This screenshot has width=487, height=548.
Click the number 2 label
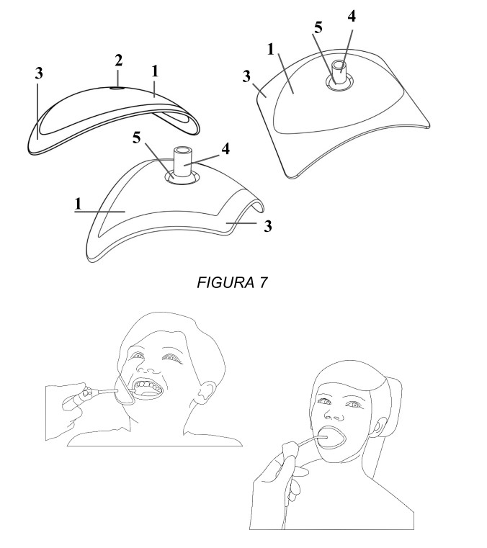coord(119,60)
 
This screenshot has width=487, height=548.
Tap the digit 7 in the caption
coord(263,283)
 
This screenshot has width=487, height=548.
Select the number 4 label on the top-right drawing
coord(352,17)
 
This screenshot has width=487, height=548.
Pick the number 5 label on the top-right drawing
coord(318,27)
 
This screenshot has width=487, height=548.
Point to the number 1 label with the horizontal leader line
coord(78,204)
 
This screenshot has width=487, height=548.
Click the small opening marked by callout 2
coord(117,89)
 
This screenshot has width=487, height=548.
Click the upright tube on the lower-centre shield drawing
coord(184,162)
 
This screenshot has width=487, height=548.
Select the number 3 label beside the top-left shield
coord(39,73)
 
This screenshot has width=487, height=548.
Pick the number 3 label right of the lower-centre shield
coord(267,226)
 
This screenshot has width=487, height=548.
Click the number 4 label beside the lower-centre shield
coord(225,149)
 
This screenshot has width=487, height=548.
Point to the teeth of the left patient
coord(148,386)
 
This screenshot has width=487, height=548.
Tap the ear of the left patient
coord(206,392)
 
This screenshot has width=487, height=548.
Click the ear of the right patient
coord(378,428)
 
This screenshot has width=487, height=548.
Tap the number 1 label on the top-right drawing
coord(270,50)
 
